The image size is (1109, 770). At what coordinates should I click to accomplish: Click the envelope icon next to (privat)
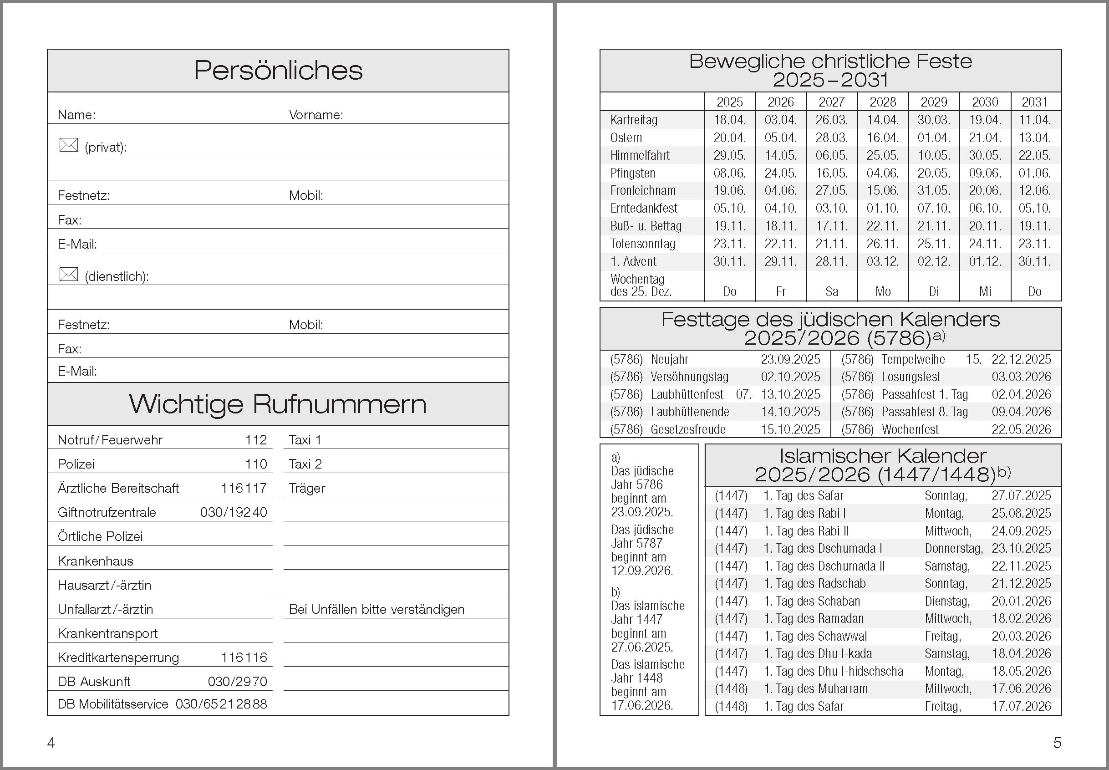coord(68,145)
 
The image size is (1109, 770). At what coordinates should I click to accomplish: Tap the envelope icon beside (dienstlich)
coord(68,274)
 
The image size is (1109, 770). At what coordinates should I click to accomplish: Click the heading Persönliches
coord(278,71)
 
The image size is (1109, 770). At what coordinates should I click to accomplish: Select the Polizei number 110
coord(256,464)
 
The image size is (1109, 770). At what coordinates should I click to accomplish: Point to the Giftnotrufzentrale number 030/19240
coord(234,512)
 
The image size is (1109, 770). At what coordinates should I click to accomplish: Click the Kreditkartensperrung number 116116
coord(244,658)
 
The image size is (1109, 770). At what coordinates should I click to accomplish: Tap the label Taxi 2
coord(305,464)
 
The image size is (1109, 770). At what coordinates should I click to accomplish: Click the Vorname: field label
coord(316,115)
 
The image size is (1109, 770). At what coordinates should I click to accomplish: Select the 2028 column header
coord(883,102)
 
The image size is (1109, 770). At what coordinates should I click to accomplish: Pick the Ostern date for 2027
coord(832,138)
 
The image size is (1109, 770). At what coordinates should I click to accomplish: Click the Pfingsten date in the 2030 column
coord(985,173)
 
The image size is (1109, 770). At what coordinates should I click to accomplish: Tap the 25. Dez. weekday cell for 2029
coord(934,291)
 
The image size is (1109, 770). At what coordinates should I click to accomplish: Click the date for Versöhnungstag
coord(790,377)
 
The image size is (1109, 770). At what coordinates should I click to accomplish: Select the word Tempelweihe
coord(913,359)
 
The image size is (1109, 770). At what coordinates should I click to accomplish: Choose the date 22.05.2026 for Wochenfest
coord(1021,429)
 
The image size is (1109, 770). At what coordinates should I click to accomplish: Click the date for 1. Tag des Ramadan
coord(1021,618)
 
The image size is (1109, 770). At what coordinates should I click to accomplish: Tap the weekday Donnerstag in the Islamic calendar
coord(953,549)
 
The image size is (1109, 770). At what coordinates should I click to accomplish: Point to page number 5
coord(1057,743)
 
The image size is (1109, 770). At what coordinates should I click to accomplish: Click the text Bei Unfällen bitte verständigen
coord(376,609)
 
